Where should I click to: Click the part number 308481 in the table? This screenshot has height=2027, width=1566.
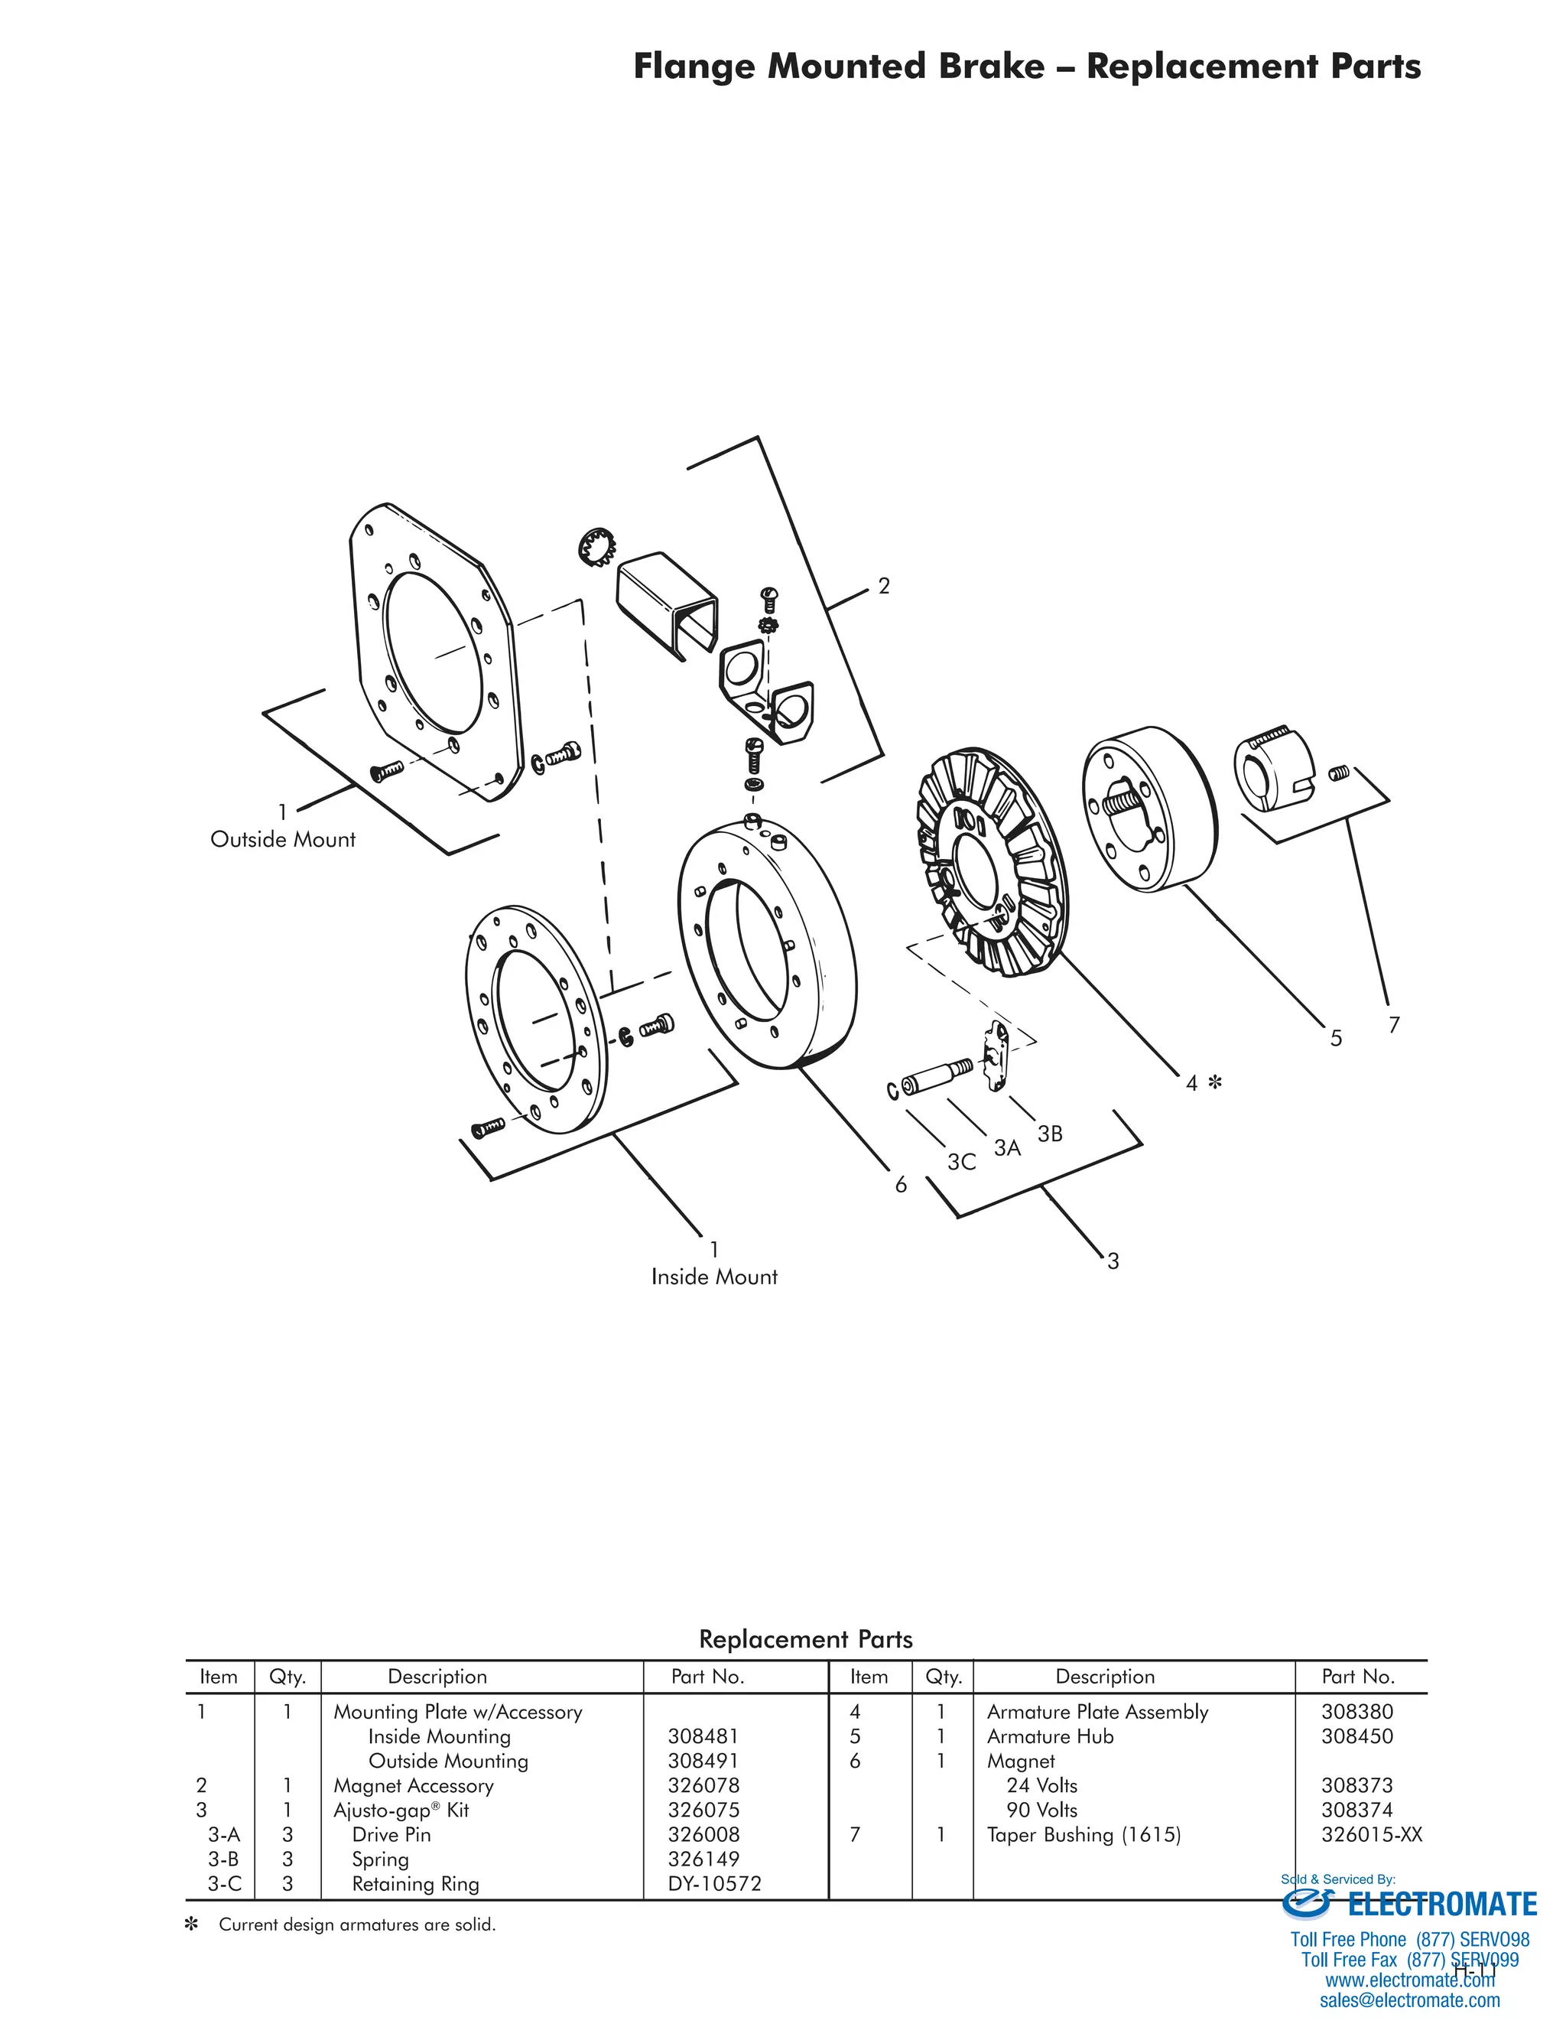702,1736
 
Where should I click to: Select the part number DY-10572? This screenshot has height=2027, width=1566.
713,1883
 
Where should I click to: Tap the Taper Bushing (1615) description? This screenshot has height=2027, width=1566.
1084,1834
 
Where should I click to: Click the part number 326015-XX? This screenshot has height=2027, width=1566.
1370,1834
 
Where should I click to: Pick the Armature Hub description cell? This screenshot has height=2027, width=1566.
1049,1736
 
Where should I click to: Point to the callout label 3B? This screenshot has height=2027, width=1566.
1049,1134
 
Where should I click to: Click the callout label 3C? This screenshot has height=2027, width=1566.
961,1162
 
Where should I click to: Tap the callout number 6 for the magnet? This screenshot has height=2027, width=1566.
900,1185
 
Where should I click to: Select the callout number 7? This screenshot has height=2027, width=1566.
1392,1025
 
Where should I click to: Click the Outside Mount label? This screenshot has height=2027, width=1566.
283,839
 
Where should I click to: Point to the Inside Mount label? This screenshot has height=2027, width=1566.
713,1276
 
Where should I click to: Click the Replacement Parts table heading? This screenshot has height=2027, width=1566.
805,1639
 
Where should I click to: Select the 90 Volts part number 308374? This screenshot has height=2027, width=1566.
1356,1809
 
